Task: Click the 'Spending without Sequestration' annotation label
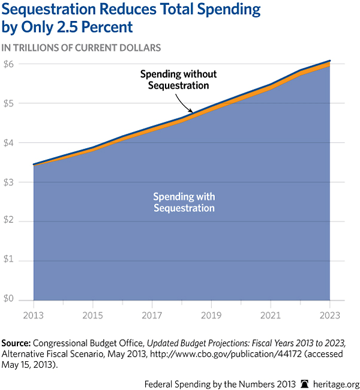(178, 80)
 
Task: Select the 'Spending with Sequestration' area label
(184, 203)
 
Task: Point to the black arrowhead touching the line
(191, 111)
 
